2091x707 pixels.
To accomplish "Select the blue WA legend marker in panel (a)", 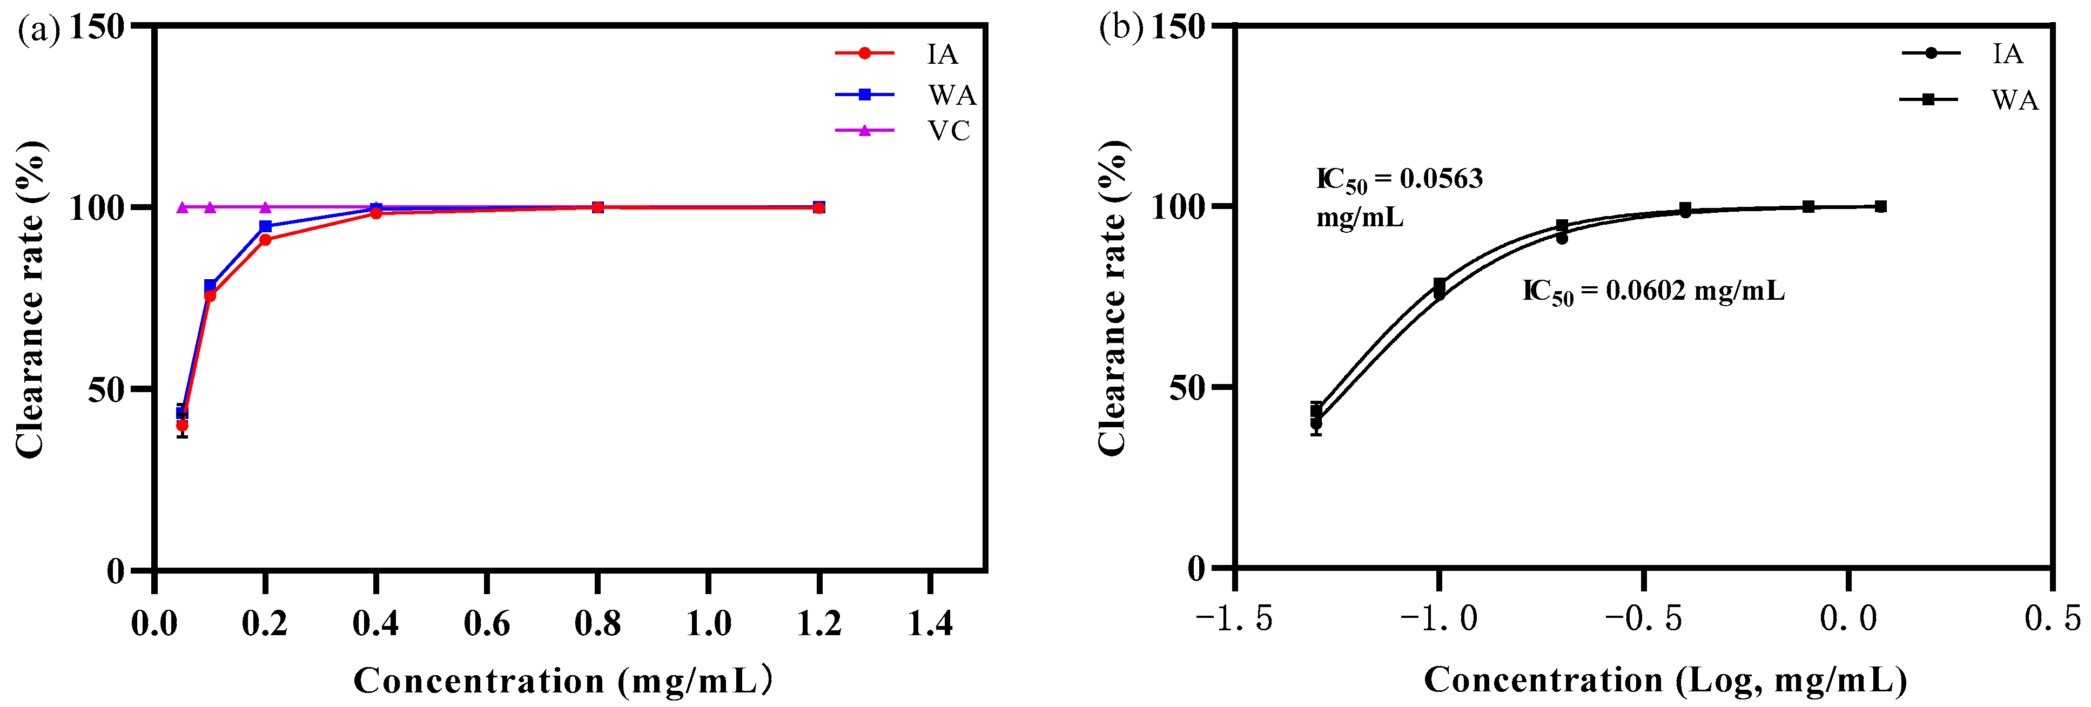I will pos(864,95).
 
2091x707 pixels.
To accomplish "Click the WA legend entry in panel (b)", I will pos(2014,100).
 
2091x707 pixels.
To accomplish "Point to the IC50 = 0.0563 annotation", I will pos(1399,179).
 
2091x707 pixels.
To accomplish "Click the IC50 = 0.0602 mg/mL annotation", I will pos(1653,291).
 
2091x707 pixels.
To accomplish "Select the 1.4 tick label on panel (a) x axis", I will pos(930,623).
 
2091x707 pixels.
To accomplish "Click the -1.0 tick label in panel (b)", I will pos(1438,618).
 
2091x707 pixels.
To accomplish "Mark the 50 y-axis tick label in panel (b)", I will pos(1187,388).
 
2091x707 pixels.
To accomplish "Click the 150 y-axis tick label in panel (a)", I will pos(97,27).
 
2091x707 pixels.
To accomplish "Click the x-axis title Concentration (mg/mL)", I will pos(562,680).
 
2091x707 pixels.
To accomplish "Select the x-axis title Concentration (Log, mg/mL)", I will pos(1665,679).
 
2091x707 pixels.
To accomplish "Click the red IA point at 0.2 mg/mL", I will pos(265,239).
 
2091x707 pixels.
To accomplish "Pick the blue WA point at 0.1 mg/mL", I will pos(210,286).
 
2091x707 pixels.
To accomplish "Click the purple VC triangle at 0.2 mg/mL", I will pos(265,207).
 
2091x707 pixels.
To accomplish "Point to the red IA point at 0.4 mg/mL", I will pos(376,213).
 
